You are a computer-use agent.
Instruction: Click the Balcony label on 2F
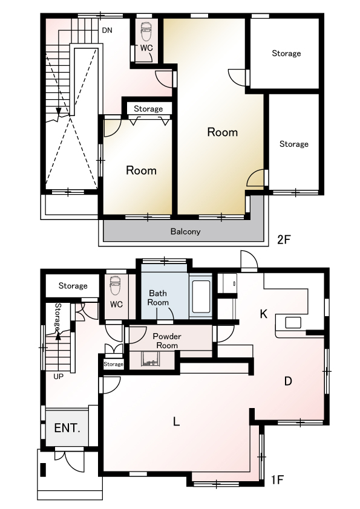(x=185, y=232)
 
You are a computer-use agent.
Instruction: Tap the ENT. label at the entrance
(x=67, y=428)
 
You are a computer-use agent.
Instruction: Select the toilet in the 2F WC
(x=146, y=31)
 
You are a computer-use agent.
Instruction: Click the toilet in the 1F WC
(x=116, y=286)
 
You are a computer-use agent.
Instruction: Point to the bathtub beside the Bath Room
(x=201, y=297)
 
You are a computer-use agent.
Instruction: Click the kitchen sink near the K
(x=293, y=323)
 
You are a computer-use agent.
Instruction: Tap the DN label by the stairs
(x=107, y=30)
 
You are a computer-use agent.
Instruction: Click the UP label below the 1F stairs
(x=59, y=377)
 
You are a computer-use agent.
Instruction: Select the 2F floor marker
(x=284, y=239)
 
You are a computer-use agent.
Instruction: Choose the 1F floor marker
(x=278, y=479)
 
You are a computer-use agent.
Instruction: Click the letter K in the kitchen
(x=264, y=314)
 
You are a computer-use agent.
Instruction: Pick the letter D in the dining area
(x=288, y=381)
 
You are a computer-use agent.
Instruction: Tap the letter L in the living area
(x=176, y=421)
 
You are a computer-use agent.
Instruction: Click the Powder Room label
(x=167, y=340)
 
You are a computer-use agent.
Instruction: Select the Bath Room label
(x=158, y=297)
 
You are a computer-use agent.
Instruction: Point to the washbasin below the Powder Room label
(x=150, y=358)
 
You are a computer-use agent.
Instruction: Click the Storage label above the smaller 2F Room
(x=148, y=109)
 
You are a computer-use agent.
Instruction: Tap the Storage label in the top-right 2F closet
(x=286, y=53)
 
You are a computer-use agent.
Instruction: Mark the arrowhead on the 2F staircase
(x=59, y=112)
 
